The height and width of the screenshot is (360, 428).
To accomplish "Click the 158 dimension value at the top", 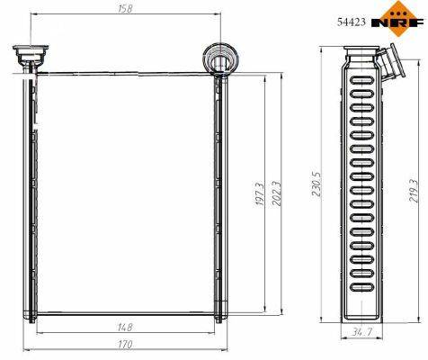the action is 125,9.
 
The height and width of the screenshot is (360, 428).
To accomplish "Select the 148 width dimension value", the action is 125,327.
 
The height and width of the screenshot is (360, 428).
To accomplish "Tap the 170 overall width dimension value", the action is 125,345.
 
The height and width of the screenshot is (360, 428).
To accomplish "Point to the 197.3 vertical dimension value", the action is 260,194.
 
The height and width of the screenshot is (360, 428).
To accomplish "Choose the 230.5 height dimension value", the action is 317,184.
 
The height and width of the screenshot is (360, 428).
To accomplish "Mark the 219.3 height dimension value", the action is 414,191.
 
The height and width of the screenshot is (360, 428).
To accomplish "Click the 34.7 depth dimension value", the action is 362,332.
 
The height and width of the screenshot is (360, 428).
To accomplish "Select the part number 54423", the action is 352,22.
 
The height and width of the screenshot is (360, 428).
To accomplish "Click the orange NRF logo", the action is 398,19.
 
